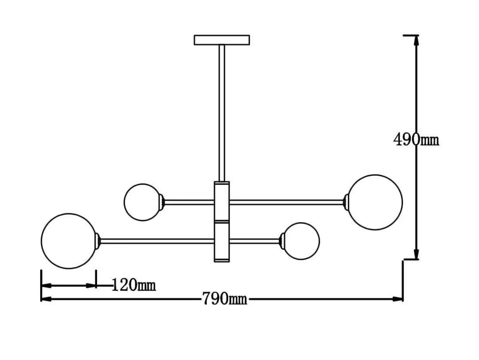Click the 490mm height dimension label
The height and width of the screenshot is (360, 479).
(416, 140)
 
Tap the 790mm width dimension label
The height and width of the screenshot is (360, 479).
(225, 299)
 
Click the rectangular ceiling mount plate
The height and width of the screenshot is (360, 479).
(222, 40)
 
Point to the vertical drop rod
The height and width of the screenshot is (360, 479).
(222, 112)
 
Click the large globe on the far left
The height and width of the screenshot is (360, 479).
(69, 241)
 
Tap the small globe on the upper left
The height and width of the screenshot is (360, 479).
(142, 202)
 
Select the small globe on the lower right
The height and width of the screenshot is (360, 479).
(302, 241)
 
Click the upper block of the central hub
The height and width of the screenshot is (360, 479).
(222, 201)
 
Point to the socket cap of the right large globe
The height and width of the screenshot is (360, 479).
(346, 202)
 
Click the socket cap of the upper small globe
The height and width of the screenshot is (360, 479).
(162, 202)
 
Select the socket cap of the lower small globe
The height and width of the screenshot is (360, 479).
(282, 241)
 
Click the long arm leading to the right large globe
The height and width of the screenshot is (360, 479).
(286, 202)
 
